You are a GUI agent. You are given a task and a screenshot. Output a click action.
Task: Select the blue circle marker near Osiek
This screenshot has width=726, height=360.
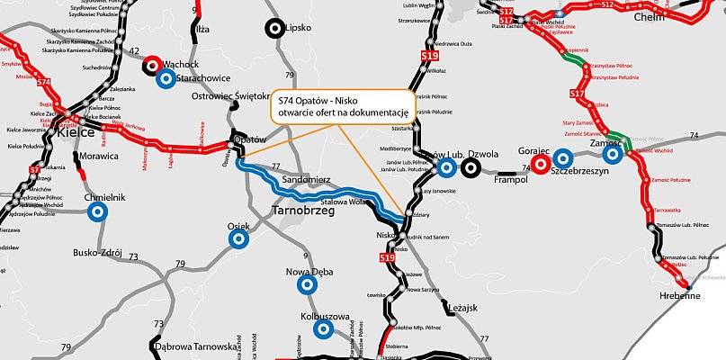238,238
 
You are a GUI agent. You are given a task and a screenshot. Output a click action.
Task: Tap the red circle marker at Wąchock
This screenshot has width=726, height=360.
152,65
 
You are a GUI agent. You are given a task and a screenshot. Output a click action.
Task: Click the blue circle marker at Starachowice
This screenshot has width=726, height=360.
165,79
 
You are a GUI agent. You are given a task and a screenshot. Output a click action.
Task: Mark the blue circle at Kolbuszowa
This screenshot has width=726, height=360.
322,329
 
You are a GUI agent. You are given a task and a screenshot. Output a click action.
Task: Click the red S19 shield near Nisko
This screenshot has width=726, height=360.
387,258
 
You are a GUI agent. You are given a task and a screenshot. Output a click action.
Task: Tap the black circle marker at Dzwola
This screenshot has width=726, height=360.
471,167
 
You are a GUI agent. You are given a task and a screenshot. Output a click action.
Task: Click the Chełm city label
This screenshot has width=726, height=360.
649,16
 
